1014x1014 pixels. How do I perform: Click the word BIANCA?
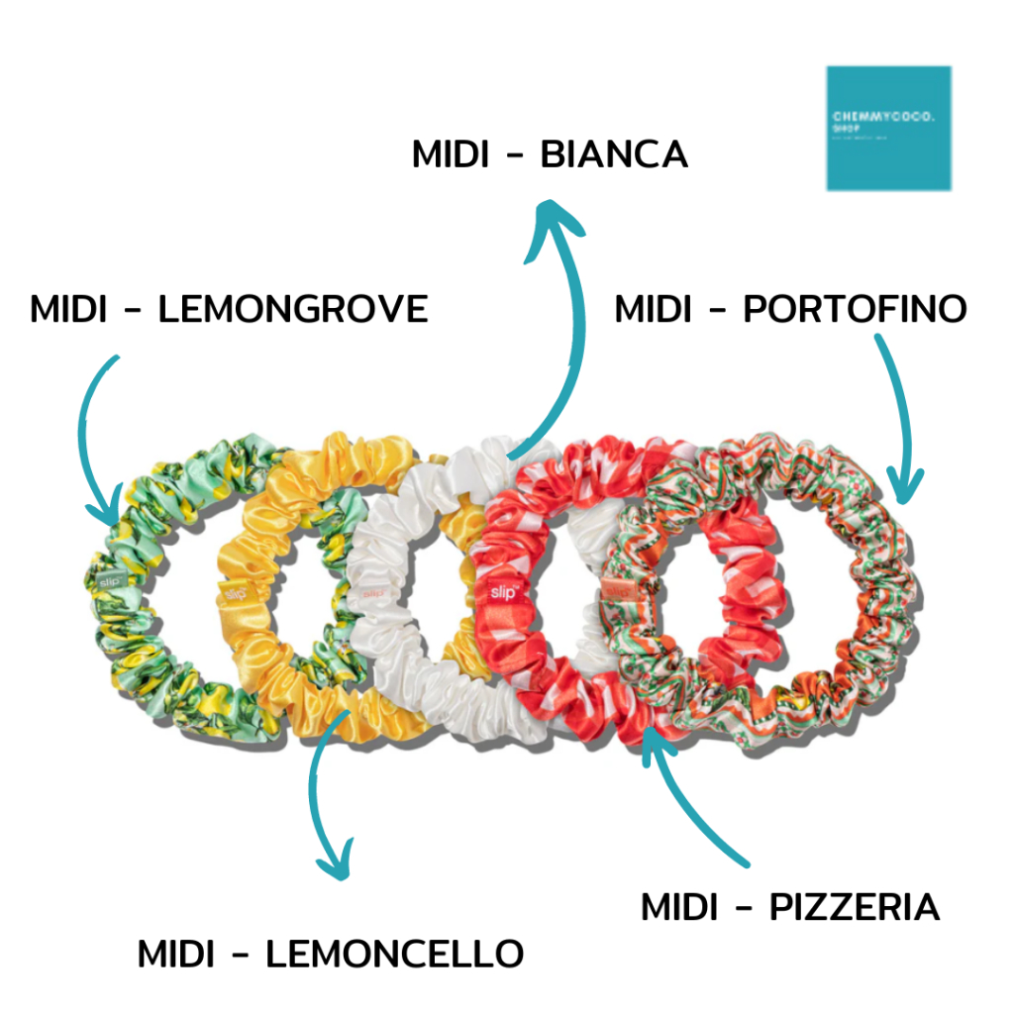614,155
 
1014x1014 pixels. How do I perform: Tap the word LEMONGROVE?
293,309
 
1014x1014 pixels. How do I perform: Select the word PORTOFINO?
855,309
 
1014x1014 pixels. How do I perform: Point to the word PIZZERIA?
854,907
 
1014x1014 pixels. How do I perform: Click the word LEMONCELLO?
394,954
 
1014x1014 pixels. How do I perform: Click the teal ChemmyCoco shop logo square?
888,128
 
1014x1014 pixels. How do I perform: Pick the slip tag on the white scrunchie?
373,593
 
